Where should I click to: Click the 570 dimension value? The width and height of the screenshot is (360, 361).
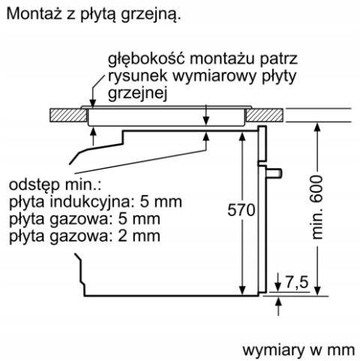click(241, 210)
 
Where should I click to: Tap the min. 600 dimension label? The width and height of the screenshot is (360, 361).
click(317, 207)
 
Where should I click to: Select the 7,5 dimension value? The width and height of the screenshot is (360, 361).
click(297, 282)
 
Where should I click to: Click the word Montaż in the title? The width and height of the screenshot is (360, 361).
click(34, 14)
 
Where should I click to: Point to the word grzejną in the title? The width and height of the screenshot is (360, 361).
click(151, 16)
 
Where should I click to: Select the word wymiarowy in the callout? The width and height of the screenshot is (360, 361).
click(214, 77)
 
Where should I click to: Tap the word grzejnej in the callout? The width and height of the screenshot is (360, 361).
click(137, 95)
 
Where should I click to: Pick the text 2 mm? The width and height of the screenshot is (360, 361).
click(139, 236)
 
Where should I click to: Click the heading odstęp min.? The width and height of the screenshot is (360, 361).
click(55, 186)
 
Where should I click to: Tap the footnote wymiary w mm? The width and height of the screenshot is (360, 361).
click(298, 350)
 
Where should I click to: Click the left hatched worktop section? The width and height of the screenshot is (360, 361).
click(68, 115)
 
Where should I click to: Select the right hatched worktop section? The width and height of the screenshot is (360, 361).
click(265, 115)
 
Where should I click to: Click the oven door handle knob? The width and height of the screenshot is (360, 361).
click(274, 173)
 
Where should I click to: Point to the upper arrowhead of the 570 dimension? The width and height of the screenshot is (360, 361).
click(242, 136)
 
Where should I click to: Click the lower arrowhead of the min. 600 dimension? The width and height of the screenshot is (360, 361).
click(317, 291)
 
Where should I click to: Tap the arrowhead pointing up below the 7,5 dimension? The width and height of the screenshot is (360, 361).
click(278, 301)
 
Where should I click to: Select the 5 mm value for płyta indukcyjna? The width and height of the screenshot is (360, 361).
click(160, 202)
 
